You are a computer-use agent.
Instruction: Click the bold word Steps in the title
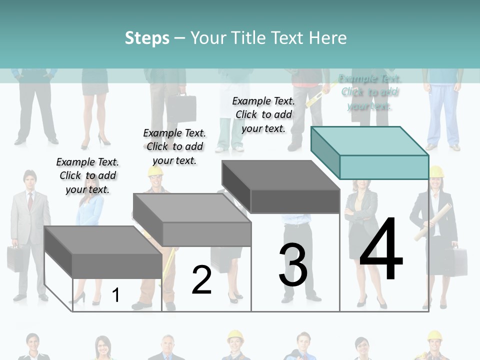tap(147, 38)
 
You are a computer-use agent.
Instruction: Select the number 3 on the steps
tap(293, 265)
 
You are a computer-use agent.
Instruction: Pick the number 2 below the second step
tap(201, 280)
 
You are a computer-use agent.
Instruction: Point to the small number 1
tap(115, 295)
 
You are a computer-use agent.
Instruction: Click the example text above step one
tap(87, 175)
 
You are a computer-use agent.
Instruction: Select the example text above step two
tap(174, 146)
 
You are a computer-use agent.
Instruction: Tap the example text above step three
tap(263, 114)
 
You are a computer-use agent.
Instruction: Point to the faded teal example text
tap(370, 92)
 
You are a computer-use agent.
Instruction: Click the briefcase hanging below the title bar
tap(181, 107)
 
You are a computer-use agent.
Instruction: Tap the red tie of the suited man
tap(30, 200)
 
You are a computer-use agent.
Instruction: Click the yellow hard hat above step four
tap(436, 172)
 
